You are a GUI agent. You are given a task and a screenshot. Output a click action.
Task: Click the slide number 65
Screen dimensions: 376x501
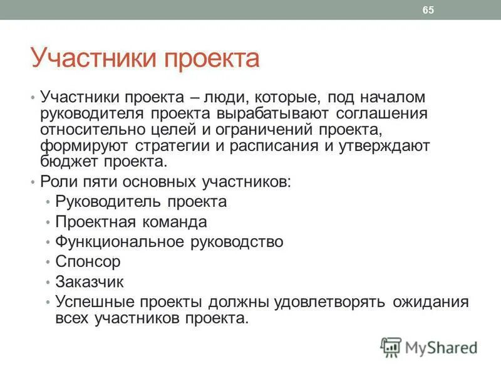point(428,10)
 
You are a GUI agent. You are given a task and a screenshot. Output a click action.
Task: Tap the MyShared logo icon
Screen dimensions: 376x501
point(391,347)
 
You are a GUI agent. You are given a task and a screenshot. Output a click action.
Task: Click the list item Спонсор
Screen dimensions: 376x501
point(88,261)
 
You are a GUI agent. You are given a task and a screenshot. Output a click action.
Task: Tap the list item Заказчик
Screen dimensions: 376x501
point(90,281)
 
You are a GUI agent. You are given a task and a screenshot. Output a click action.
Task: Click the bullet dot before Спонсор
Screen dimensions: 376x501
point(48,262)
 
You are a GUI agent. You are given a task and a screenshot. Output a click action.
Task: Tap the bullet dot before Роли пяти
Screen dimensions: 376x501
point(32,182)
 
